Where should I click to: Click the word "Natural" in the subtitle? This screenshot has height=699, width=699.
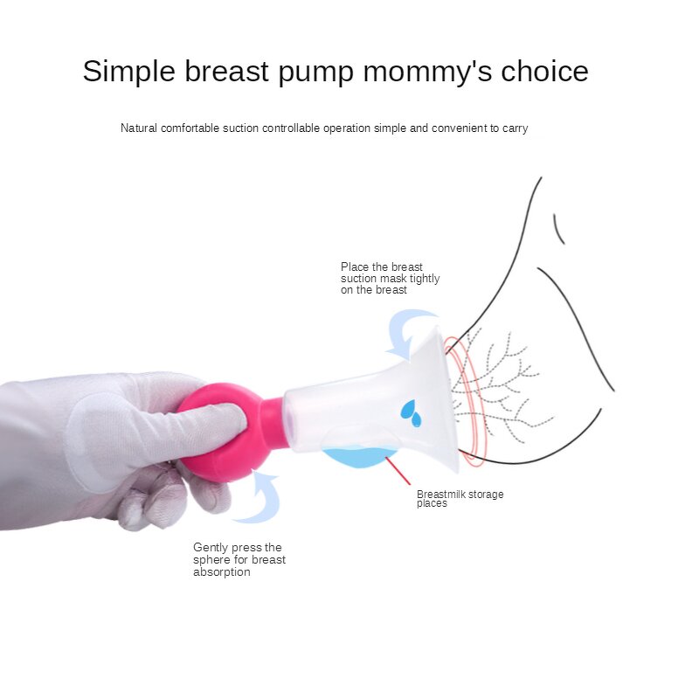[139, 128]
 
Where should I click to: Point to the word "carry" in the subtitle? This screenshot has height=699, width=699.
[515, 128]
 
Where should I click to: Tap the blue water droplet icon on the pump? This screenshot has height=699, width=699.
[410, 412]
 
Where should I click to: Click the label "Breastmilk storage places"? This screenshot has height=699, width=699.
[460, 499]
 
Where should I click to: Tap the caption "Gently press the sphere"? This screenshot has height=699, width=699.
[239, 559]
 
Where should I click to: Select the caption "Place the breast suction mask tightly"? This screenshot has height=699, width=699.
[390, 278]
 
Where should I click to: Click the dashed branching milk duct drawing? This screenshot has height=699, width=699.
[502, 384]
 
